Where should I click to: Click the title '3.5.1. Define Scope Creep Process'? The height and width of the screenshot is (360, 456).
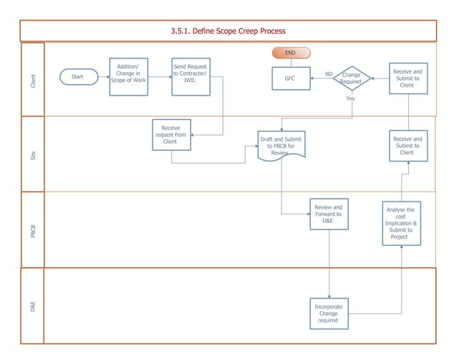(x=228, y=31)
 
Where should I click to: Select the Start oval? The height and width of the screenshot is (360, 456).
(x=79, y=76)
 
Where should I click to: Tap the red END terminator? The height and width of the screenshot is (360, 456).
(x=290, y=53)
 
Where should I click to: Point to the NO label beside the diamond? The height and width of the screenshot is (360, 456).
(x=329, y=74)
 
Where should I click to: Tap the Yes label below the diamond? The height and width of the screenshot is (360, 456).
(x=350, y=99)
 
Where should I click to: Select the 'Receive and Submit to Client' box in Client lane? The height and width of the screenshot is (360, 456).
(x=408, y=79)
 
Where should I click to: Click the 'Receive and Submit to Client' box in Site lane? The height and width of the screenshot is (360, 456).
(x=408, y=146)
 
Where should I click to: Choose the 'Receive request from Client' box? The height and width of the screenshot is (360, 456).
(x=171, y=134)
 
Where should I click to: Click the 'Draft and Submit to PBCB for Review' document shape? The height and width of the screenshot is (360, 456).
(x=281, y=146)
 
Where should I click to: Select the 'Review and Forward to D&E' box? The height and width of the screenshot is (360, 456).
(x=329, y=214)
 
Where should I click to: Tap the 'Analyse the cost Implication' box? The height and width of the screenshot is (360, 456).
(x=400, y=223)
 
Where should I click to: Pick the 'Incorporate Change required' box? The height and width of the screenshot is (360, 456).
(x=329, y=314)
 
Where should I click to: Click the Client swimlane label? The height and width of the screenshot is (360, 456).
(x=33, y=80)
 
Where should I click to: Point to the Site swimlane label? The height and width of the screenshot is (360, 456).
(x=33, y=154)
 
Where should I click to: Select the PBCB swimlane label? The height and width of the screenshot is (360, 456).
(x=33, y=230)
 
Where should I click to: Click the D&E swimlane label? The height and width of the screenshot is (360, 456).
(x=33, y=306)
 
